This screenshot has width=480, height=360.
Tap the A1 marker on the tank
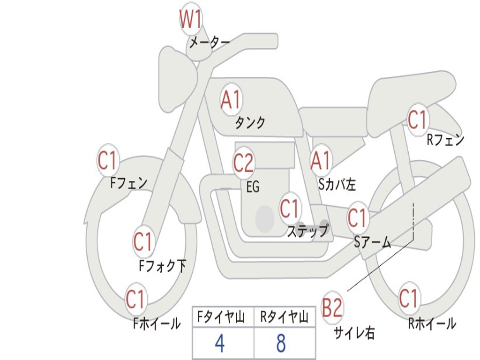pos(231,100)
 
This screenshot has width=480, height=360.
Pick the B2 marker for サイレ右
pos(332,308)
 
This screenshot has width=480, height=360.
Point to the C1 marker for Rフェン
pos(417,120)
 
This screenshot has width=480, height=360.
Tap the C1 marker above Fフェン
pos(107,161)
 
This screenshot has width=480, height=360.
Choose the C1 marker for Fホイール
pos(135,299)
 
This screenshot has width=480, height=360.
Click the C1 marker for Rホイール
pos(408,298)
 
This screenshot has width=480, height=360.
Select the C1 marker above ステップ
pos(289,208)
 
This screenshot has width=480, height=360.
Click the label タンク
pos(250,123)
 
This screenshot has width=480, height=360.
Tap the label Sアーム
pos(372,242)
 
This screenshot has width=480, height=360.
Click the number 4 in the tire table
pos(219,344)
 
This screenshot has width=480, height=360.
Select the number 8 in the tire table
pos(281,344)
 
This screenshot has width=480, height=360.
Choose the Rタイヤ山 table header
pos(284,318)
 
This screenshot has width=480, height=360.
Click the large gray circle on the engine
pos(264,219)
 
